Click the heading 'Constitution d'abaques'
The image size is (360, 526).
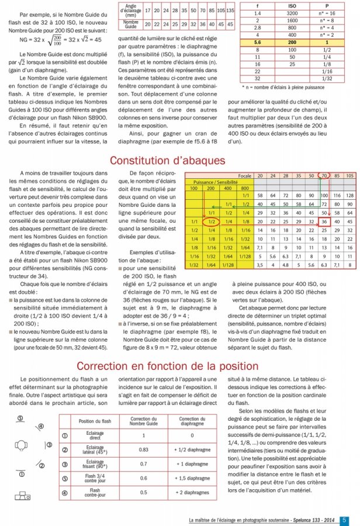179,160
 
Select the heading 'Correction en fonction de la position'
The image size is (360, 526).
179,366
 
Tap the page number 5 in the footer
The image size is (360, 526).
345,520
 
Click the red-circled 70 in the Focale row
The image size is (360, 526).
324,176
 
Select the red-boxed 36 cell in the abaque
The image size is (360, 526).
324,223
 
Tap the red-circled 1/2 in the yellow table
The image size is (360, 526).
212,223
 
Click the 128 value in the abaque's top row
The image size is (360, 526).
349,195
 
